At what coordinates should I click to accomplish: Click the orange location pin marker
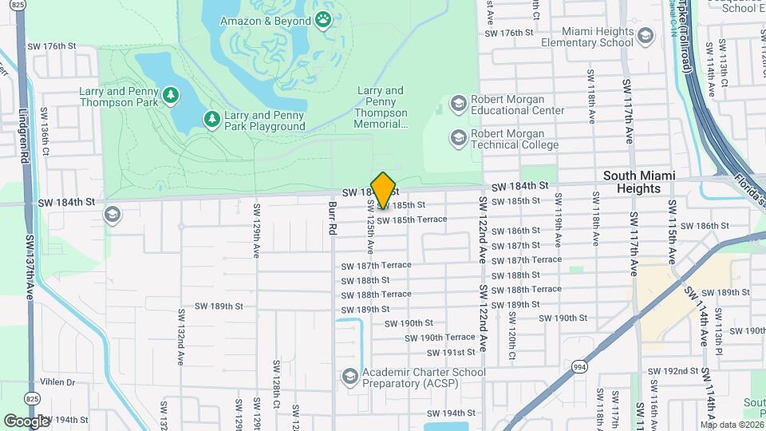tap(383, 190)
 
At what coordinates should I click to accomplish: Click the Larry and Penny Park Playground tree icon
tap(211, 120)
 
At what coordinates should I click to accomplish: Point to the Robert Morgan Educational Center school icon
tap(458, 104)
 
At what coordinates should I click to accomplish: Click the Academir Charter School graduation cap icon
tap(349, 376)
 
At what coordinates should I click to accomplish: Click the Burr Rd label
tap(332, 218)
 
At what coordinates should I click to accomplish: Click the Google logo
tap(26, 420)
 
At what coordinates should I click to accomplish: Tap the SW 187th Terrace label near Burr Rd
tap(376, 265)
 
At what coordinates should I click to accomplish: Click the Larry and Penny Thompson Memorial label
tap(381, 108)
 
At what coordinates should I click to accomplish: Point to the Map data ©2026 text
tap(731, 425)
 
